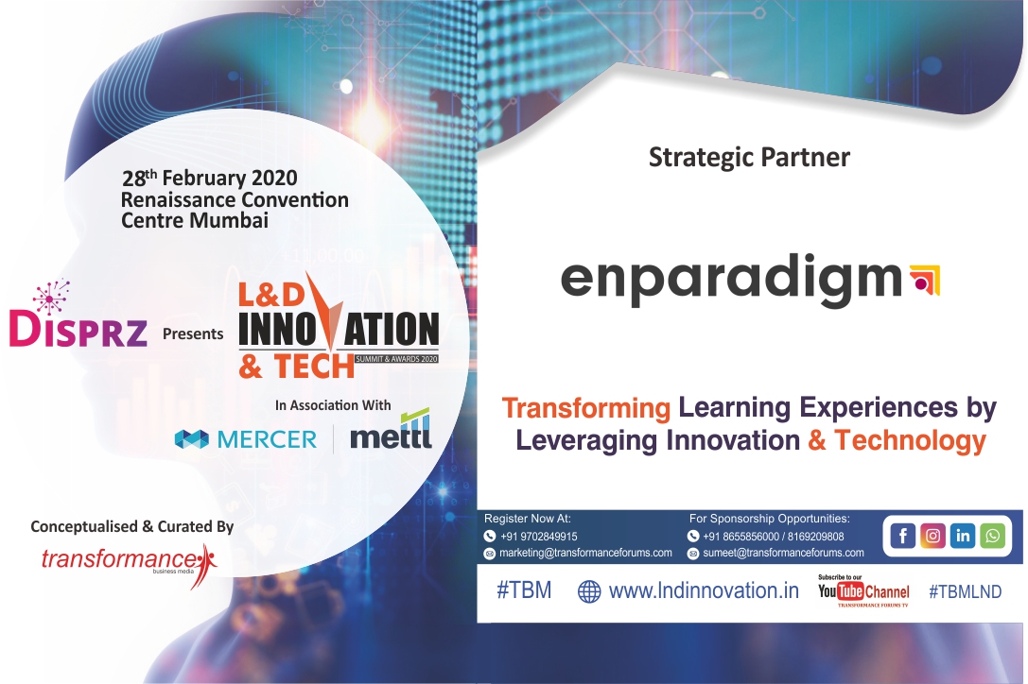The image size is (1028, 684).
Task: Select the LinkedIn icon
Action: tap(963, 536)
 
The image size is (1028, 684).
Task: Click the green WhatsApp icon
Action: tap(992, 536)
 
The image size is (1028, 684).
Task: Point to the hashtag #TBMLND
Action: tap(965, 591)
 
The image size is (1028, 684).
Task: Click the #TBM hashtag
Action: tap(523, 591)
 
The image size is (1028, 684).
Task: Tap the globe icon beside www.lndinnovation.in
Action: tap(589, 592)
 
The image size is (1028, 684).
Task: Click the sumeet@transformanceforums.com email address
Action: tap(783, 553)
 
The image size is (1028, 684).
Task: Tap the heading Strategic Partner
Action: tap(749, 158)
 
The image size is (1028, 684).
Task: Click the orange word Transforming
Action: tap(585, 409)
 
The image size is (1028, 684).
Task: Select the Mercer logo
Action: tap(246, 438)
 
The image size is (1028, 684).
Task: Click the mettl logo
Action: tap(391, 435)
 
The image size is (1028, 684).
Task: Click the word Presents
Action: tap(193, 333)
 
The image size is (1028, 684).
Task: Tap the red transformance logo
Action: tap(127, 559)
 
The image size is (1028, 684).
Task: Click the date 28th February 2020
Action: tap(210, 178)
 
